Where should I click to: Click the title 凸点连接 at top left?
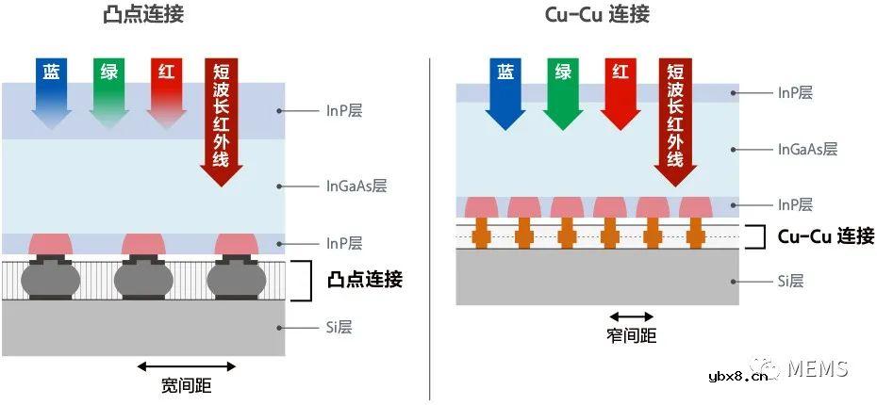(144, 15)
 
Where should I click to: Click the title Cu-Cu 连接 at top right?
(597, 15)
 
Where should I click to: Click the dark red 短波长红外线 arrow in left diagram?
(222, 118)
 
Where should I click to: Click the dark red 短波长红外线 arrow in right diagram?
(676, 118)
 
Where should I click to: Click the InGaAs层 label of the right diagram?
(807, 149)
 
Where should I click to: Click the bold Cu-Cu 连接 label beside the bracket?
(825, 235)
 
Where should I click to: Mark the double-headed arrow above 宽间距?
(187, 365)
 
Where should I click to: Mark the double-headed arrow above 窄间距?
(632, 317)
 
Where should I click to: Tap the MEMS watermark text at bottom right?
(818, 369)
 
